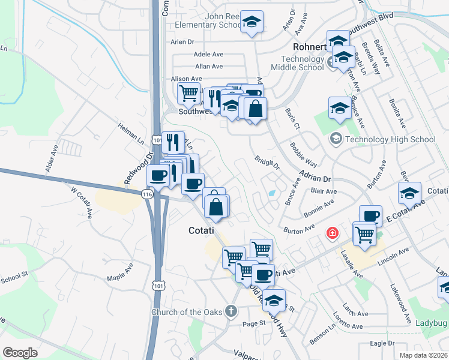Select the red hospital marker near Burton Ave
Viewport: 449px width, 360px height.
point(331,233)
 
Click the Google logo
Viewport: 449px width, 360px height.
point(20,352)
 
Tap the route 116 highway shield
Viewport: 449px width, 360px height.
point(147,194)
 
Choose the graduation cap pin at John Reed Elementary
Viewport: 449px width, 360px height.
point(252,23)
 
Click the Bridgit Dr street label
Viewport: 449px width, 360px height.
point(268,163)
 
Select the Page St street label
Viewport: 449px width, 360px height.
point(254,323)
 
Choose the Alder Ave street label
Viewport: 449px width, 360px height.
point(52,158)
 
